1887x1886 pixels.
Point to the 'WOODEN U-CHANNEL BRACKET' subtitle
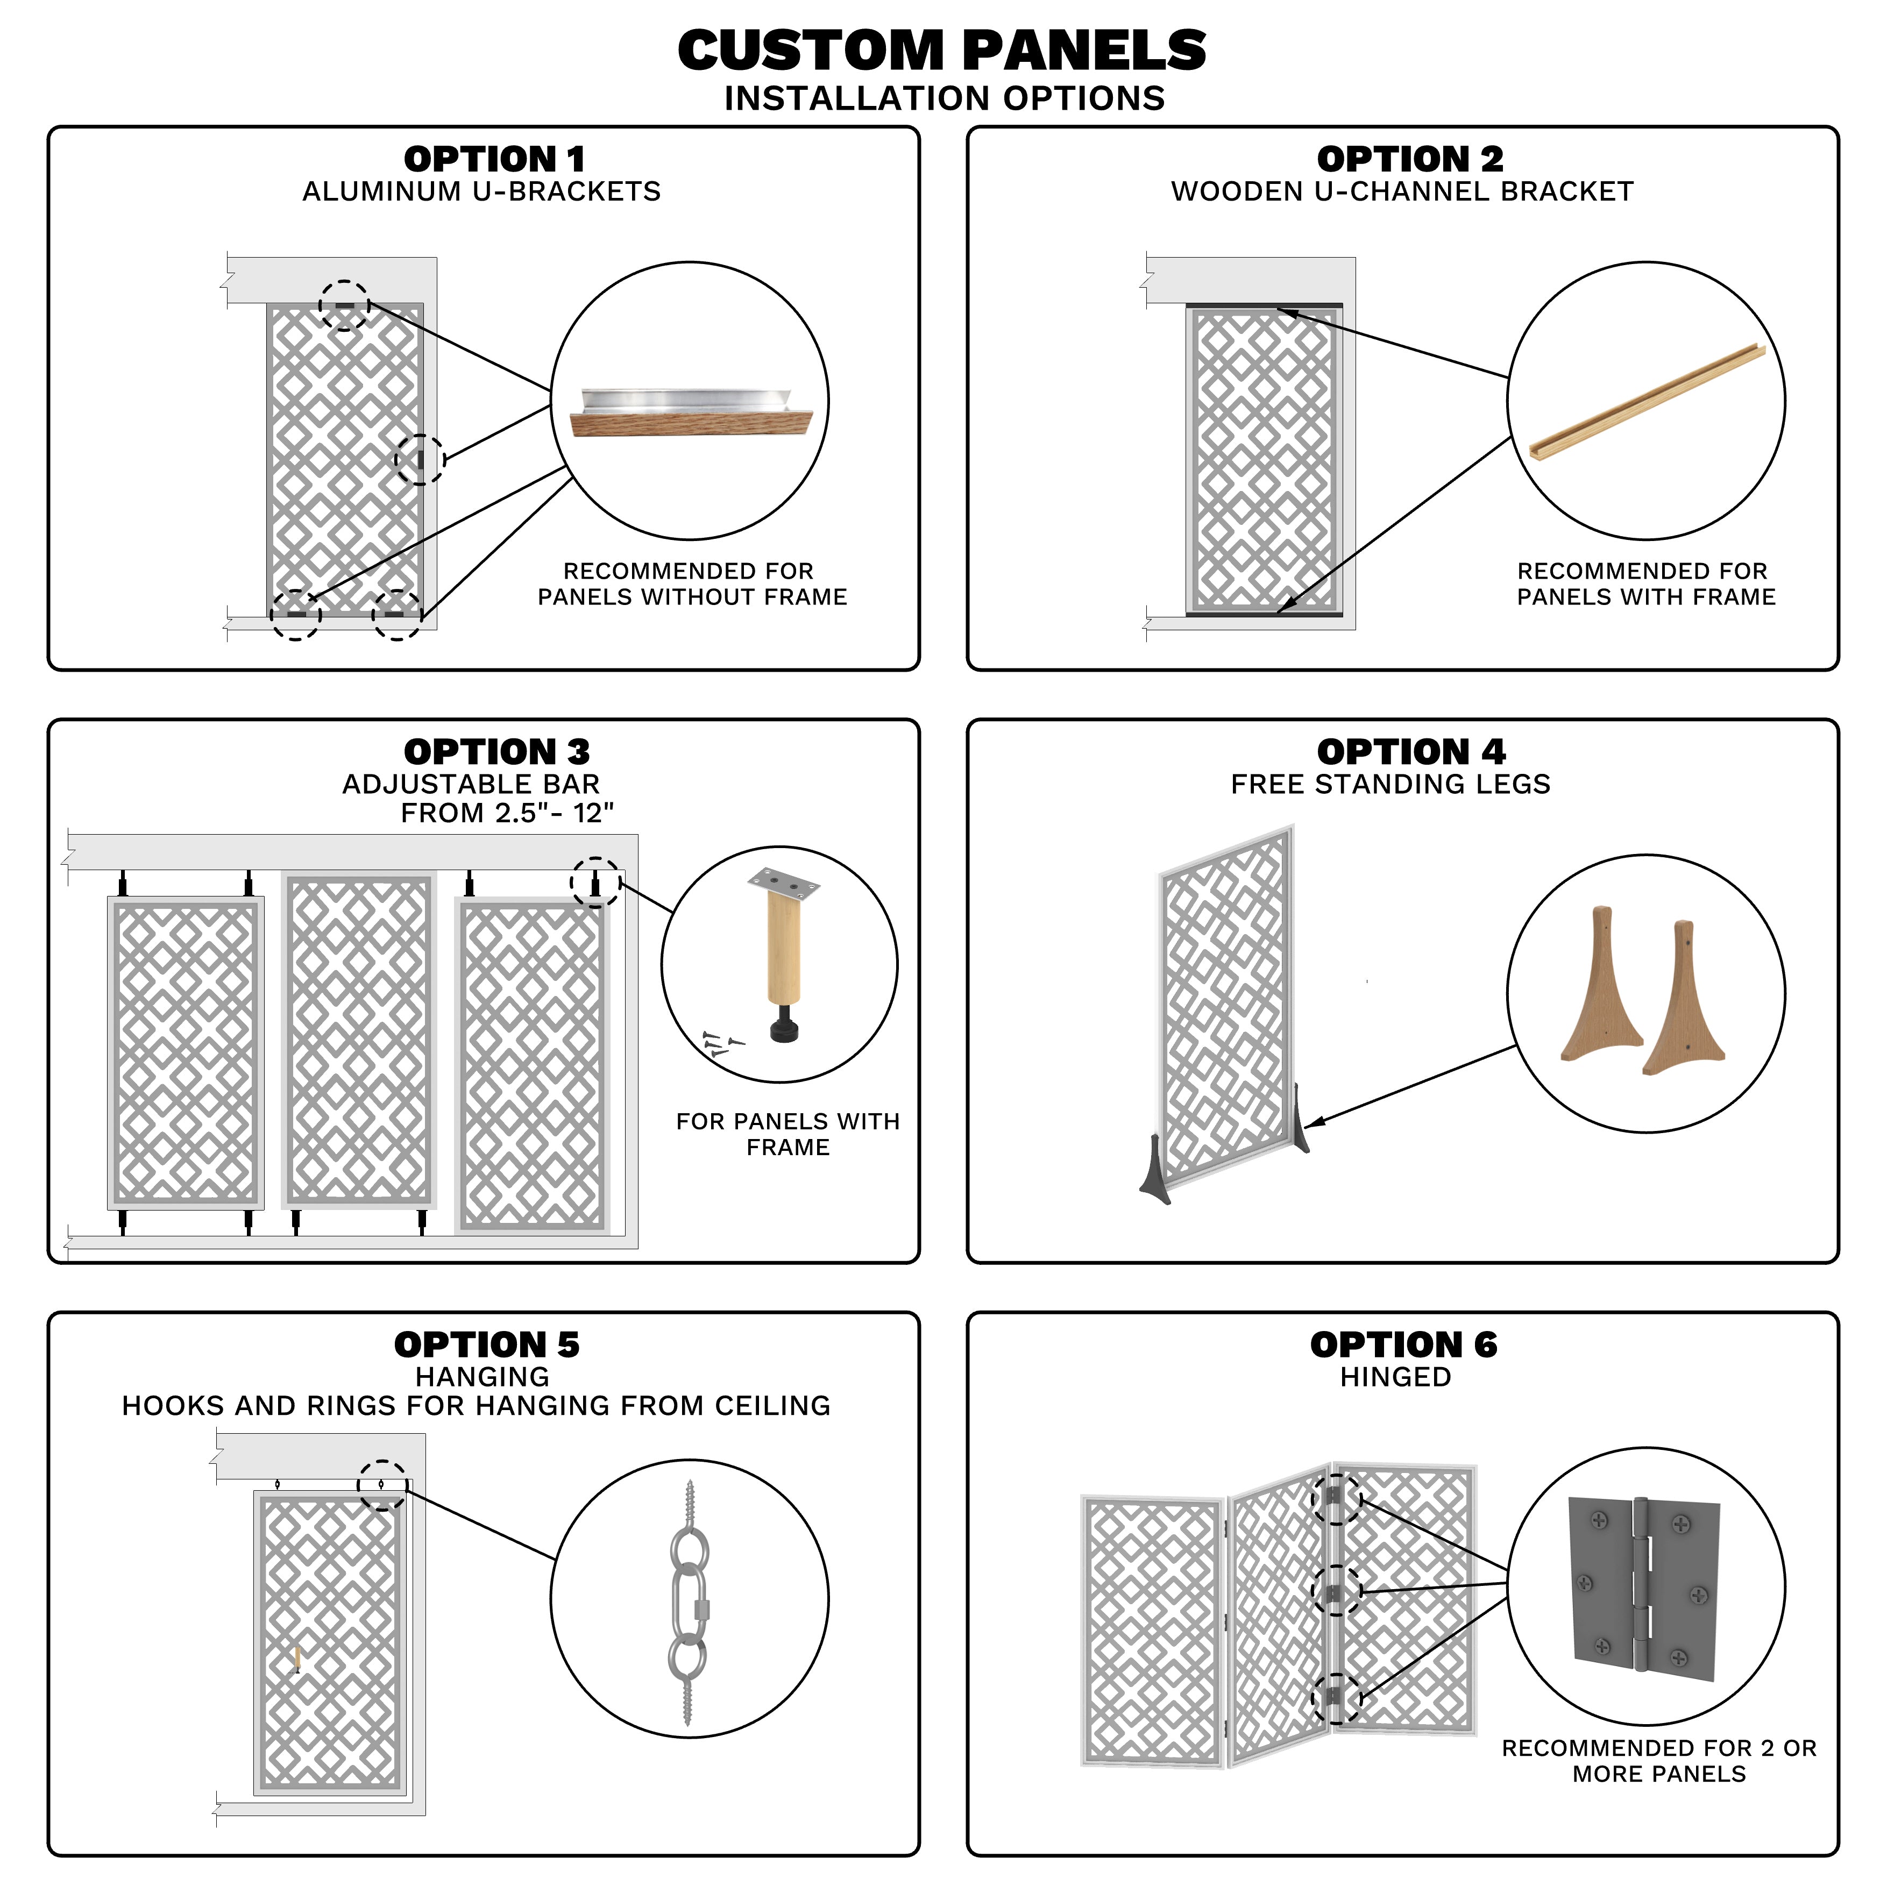pos(1402,191)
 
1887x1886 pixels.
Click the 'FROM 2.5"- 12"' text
pos(507,813)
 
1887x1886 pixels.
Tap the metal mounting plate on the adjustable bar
pos(783,885)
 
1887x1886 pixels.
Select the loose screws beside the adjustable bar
pos(721,1044)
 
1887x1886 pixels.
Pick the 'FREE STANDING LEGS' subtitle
pos(1390,784)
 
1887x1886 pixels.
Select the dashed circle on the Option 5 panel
pos(382,1485)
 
